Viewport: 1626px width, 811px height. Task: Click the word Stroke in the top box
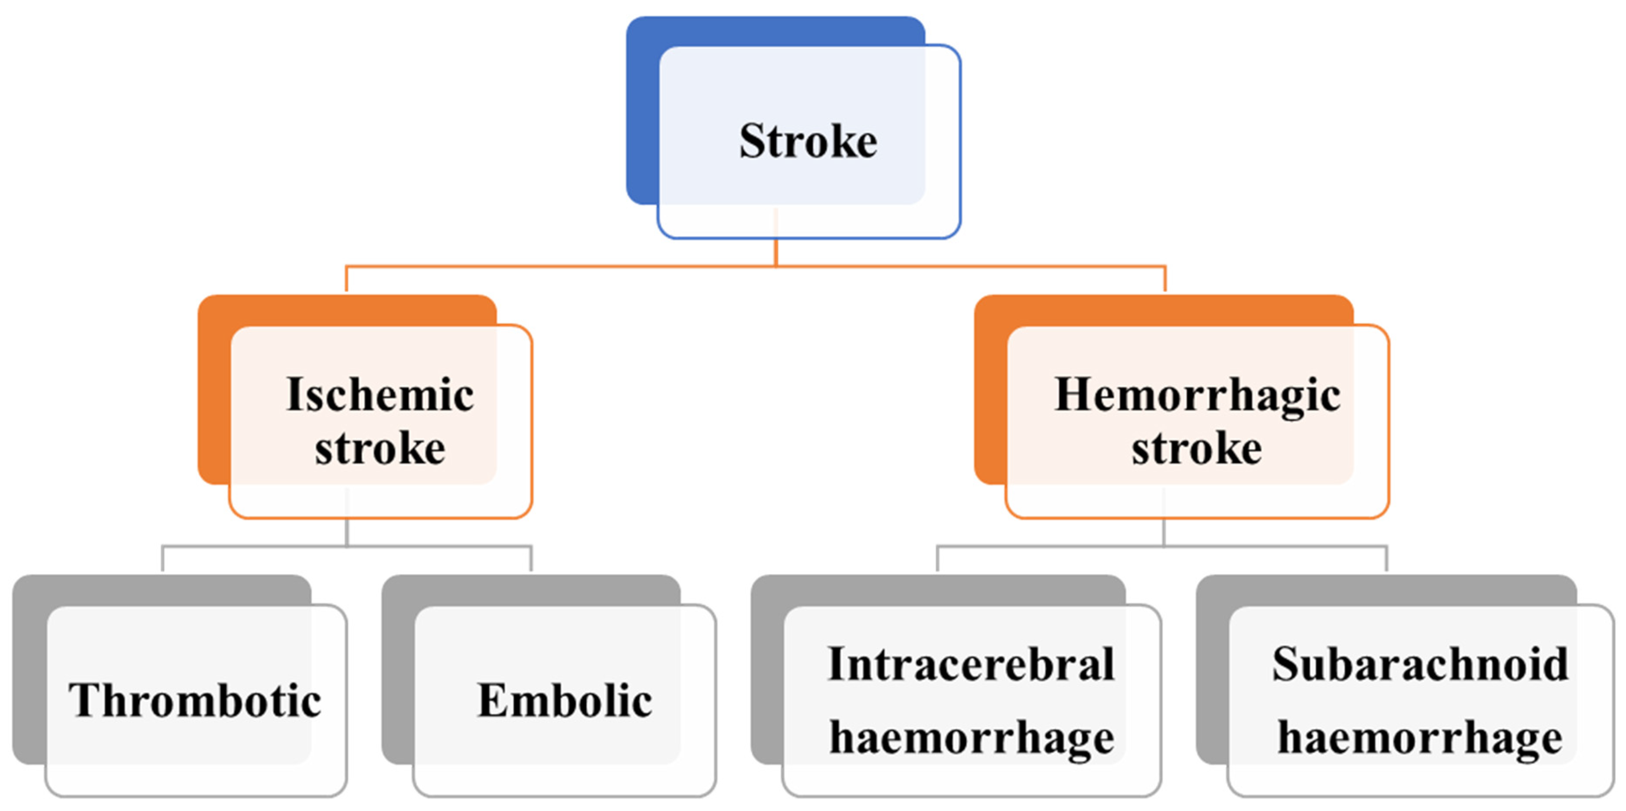point(808,141)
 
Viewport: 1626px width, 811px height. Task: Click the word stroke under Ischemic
point(380,448)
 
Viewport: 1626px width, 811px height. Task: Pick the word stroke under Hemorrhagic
point(1196,448)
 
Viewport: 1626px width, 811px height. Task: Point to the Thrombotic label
point(195,700)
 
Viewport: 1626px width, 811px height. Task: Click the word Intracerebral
point(971,664)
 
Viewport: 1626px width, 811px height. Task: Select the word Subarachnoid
point(1420,664)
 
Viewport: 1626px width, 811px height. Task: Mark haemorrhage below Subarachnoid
point(1420,737)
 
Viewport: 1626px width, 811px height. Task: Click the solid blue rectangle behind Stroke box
point(643,114)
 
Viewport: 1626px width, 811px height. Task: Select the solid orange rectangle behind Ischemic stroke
point(213,392)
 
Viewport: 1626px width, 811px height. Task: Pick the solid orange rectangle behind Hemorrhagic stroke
point(990,392)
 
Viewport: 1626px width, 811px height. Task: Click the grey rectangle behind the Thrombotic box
point(28,669)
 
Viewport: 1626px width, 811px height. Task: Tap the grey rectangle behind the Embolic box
point(398,669)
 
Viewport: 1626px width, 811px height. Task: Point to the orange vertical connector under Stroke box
point(776,253)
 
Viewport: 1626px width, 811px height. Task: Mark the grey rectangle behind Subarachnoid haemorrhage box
point(1212,669)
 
